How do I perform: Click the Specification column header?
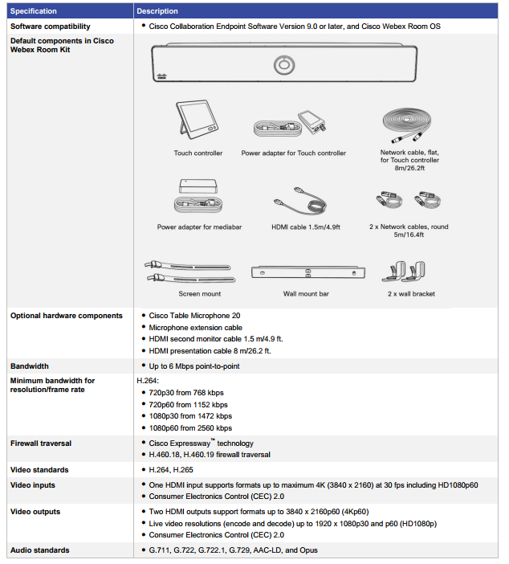coord(34,11)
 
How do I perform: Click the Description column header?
coord(157,11)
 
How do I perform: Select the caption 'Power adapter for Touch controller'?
coord(293,153)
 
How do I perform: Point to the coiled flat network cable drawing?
coord(409,124)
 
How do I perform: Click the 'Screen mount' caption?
coord(200,294)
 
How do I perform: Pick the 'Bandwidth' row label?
coord(30,366)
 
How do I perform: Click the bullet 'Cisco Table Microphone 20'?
coord(194,316)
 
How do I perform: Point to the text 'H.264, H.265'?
coord(171,470)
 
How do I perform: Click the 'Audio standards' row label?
coord(39,550)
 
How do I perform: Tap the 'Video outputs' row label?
coord(35,512)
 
